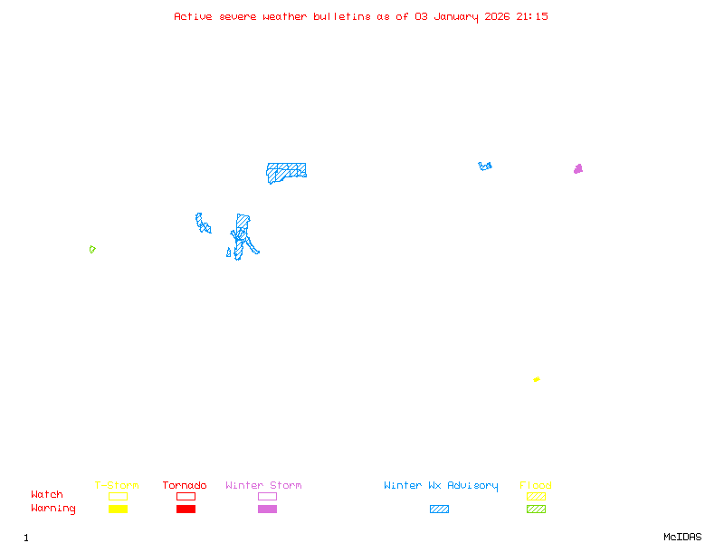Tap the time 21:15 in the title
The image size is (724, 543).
coord(532,16)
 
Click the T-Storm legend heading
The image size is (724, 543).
coord(117,486)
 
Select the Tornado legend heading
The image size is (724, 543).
coord(185,486)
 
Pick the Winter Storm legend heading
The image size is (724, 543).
coord(263,486)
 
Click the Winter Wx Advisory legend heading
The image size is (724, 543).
coord(441,486)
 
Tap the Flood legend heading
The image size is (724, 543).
coord(536,486)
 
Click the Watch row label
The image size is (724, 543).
coord(47,495)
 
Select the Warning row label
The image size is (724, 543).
coord(53,509)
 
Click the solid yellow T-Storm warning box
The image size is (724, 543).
coord(118,510)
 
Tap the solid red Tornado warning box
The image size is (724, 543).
coord(186,510)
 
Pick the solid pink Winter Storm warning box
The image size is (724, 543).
coord(267,510)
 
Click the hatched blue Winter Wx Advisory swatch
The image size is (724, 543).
coord(439,510)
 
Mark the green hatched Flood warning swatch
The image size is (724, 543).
coord(536,510)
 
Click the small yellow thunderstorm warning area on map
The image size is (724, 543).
coord(537,379)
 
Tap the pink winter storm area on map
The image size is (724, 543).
coord(578,169)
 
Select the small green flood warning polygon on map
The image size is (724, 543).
coord(91,249)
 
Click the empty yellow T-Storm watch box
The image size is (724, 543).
coord(118,496)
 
